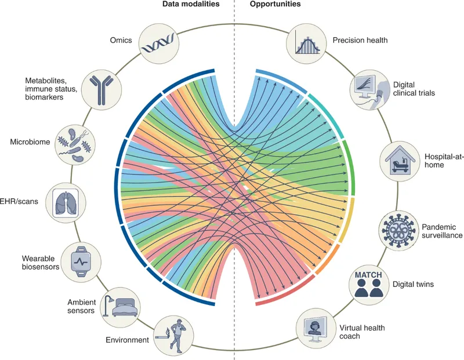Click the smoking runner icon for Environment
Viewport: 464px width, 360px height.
tap(173, 334)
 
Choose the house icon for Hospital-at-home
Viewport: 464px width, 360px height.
tap(399, 160)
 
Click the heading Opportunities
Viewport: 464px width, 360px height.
tap(277, 5)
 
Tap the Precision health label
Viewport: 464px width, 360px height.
tap(360, 40)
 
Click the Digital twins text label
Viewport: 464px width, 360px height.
tap(413, 285)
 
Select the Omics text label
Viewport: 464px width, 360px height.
tap(121, 40)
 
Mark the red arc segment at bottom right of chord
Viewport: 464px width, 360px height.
tap(284, 293)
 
